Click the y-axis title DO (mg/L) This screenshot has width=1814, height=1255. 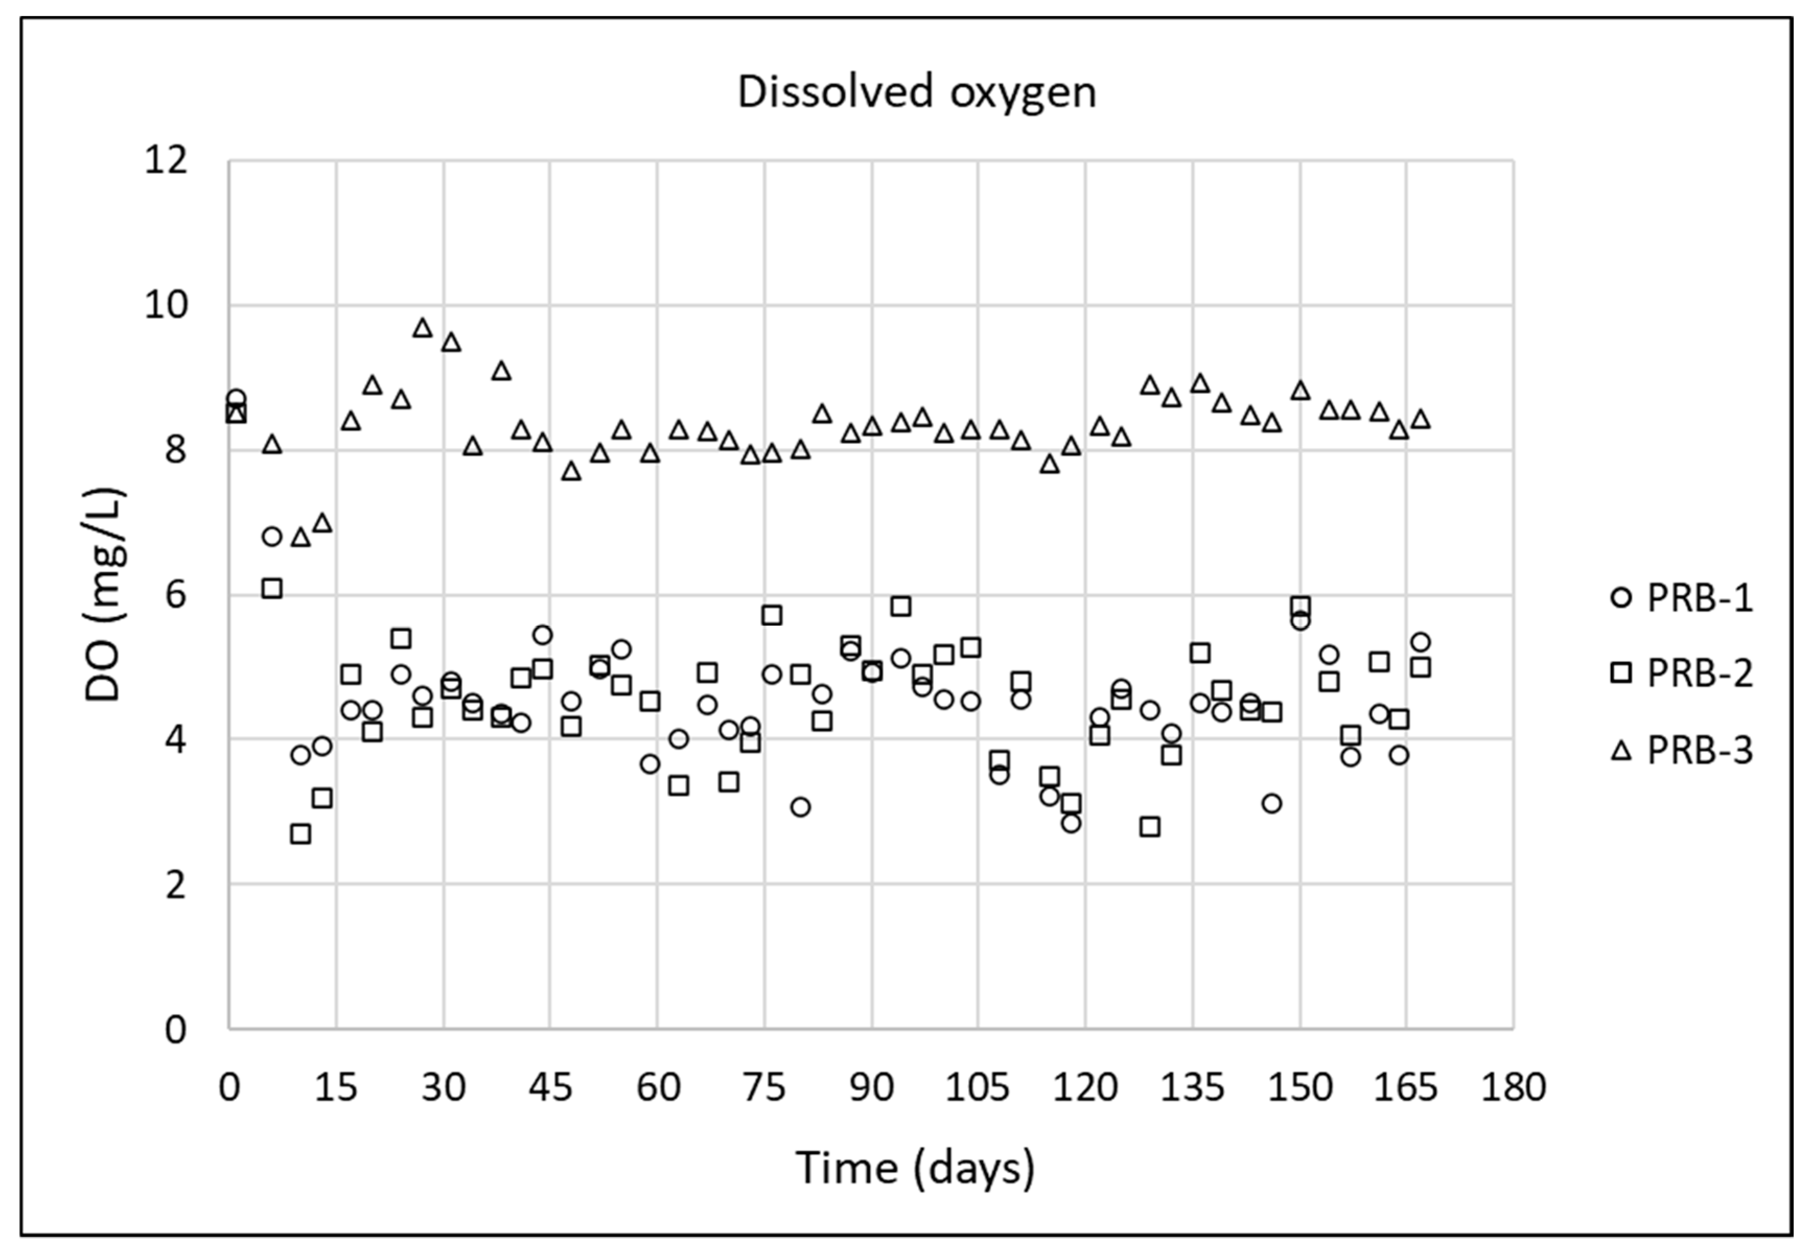coord(104,595)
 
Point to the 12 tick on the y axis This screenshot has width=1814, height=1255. coord(166,161)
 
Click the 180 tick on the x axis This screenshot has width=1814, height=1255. coord(1513,1087)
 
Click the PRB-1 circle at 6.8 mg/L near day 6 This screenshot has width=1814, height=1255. coord(272,536)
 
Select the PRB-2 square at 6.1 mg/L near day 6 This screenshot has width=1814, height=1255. coord(272,588)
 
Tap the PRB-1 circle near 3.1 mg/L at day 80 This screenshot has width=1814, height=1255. coord(800,807)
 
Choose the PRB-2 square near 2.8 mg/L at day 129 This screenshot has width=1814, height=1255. coord(1149,826)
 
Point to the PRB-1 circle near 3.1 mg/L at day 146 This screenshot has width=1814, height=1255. coord(1271,803)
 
